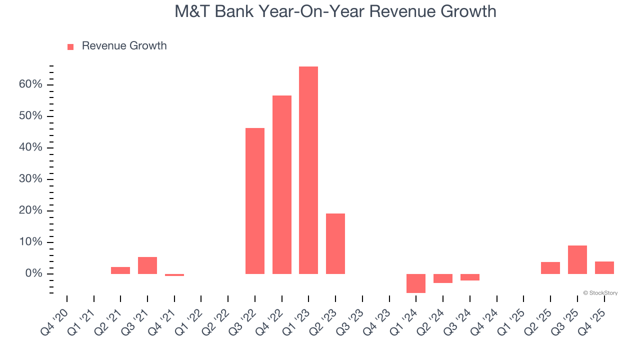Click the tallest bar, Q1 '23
[x=308, y=170]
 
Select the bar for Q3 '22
[x=255, y=201]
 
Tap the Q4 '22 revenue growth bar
[x=282, y=184]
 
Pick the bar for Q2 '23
[x=335, y=243]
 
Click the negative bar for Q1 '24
[x=416, y=283]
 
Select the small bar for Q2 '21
[x=120, y=270]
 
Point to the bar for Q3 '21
[x=147, y=265]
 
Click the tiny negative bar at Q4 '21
[x=174, y=275]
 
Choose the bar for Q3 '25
[x=577, y=259]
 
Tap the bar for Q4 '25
[x=604, y=267]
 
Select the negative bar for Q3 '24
[x=470, y=277]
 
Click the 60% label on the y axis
[x=30, y=84]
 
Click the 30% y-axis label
[x=30, y=179]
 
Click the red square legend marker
[x=70, y=46]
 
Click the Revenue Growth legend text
[x=124, y=46]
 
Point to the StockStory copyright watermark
[x=600, y=293]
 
